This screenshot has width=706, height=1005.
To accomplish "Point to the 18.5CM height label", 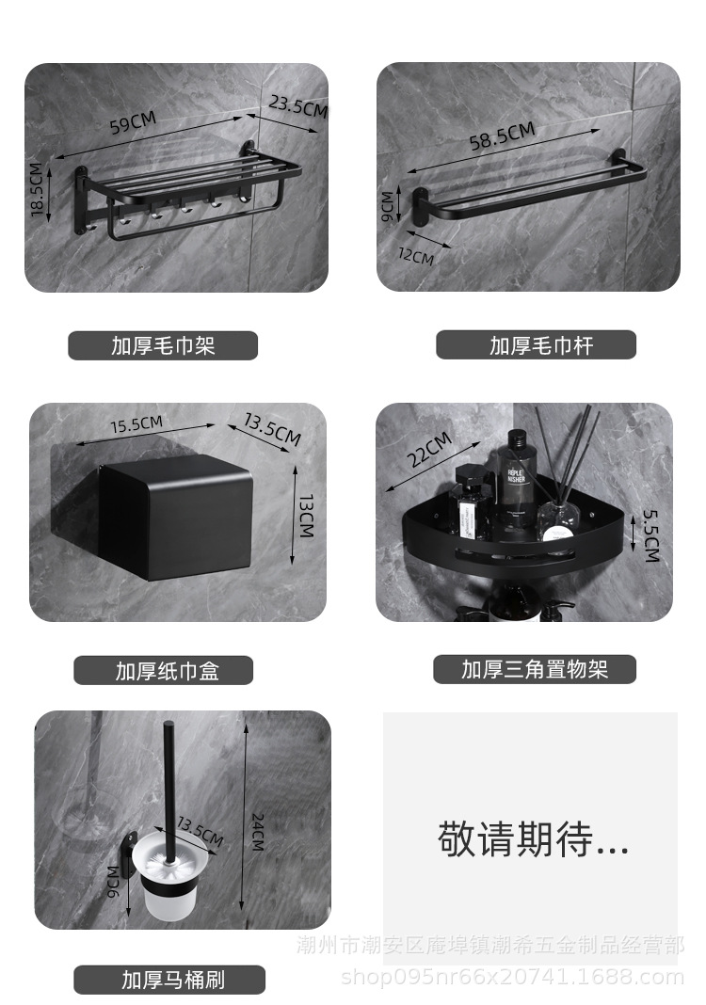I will (x=38, y=191).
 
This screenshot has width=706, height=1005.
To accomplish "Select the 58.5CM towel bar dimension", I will (x=502, y=137).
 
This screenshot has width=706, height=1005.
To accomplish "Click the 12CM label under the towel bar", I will (x=417, y=254).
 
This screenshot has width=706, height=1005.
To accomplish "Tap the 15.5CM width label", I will (x=136, y=423).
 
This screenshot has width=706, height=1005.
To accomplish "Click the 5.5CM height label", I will (x=650, y=535).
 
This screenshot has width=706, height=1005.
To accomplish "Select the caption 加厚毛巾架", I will (x=163, y=345).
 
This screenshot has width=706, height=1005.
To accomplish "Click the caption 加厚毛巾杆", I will (x=536, y=345).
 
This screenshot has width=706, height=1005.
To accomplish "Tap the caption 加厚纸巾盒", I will (x=163, y=670).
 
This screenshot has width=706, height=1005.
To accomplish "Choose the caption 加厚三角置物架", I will (x=534, y=669).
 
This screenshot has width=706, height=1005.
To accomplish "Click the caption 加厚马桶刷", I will (x=173, y=980).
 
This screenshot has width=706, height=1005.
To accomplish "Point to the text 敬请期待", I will (x=532, y=838).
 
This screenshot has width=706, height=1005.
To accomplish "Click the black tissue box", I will (x=177, y=515).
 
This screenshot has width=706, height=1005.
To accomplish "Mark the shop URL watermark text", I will (x=513, y=977).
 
